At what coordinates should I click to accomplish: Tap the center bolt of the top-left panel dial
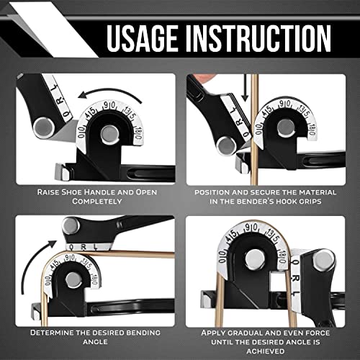[x=109, y=133]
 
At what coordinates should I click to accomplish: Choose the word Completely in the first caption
[x=94, y=202]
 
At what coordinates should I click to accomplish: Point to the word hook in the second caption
[x=300, y=202]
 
